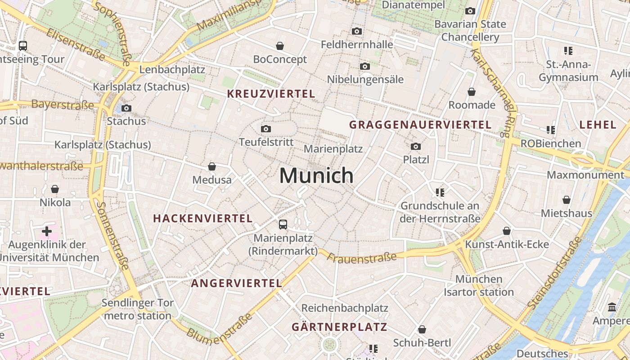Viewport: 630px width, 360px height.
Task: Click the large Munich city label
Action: (316, 175)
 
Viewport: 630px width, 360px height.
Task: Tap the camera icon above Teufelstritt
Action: (266, 129)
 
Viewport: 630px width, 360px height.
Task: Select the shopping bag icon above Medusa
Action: (212, 167)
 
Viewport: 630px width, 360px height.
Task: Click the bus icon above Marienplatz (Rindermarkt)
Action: (283, 224)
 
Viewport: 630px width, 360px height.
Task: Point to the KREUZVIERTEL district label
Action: (271, 94)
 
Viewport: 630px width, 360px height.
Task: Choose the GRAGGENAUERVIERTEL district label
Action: (420, 125)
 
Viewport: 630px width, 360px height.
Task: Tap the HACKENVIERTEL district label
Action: (202, 219)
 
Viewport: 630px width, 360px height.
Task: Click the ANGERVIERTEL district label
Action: (236, 283)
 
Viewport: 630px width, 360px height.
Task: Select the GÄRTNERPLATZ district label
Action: (339, 327)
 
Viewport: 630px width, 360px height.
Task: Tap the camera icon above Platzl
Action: (416, 147)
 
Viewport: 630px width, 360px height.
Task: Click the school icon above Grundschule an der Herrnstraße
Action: (440, 193)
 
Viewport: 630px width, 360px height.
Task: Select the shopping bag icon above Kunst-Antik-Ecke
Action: (507, 231)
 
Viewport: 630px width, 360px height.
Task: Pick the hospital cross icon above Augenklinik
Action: (47, 232)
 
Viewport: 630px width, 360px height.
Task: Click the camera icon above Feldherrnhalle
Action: (357, 31)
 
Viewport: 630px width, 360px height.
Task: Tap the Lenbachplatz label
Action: (172, 70)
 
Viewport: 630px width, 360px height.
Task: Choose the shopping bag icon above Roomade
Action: (472, 92)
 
